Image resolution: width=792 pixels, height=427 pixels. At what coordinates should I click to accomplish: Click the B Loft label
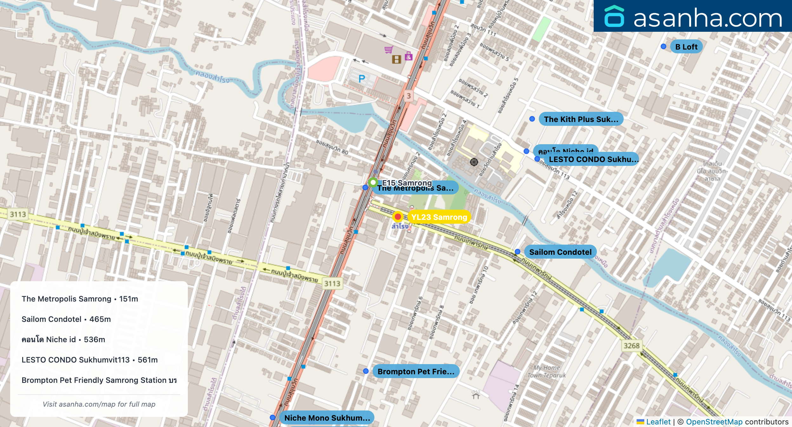tap(686, 47)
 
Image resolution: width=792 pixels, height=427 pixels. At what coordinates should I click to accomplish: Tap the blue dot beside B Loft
tap(663, 46)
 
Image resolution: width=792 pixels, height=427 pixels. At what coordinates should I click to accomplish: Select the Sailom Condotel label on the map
tap(560, 252)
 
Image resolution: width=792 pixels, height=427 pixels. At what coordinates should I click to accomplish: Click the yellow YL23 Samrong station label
tap(439, 217)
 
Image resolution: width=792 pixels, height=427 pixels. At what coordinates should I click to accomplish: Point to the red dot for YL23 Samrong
tap(398, 217)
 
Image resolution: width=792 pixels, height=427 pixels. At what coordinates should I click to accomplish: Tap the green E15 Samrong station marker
tap(373, 182)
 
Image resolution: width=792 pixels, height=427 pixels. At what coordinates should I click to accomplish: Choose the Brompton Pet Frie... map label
tap(416, 371)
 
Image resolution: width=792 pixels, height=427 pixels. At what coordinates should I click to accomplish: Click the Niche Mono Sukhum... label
tap(327, 418)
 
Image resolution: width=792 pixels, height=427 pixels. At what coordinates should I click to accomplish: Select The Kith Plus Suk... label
tap(581, 119)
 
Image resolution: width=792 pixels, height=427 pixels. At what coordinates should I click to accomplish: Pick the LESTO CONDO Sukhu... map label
tap(593, 159)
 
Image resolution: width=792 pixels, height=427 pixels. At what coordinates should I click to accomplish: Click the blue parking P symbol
tap(362, 79)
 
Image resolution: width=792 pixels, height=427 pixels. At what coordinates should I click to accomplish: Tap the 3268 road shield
tap(631, 346)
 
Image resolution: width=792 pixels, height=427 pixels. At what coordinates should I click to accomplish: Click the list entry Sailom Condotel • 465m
tap(66, 319)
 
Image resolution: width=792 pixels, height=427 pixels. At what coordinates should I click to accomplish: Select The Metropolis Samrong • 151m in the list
tap(80, 299)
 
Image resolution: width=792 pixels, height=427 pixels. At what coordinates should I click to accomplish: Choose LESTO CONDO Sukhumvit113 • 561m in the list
tap(89, 360)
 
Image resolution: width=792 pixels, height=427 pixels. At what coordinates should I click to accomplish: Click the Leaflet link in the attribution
tap(658, 422)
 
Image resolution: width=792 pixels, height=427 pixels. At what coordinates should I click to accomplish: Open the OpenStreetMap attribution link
tap(714, 422)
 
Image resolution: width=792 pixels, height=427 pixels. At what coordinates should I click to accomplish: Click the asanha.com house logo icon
tap(614, 16)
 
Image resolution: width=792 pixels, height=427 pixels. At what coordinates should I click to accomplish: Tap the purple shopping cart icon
tap(388, 50)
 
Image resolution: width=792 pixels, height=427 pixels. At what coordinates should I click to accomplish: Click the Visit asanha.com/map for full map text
tap(99, 404)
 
